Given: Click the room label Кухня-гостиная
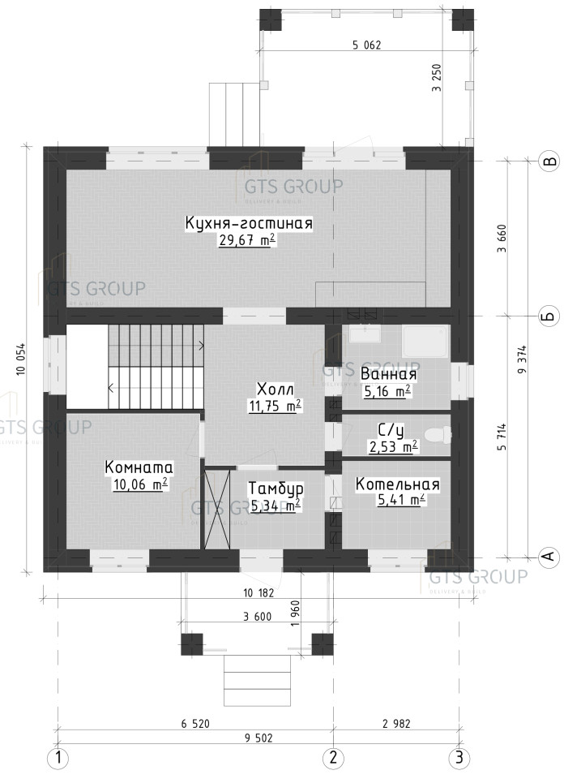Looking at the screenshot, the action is point(249,223).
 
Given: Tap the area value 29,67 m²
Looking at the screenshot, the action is point(247,240).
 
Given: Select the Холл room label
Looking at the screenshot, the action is point(276,389).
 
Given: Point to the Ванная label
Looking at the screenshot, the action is point(388,374).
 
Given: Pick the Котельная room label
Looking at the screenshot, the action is point(398,484).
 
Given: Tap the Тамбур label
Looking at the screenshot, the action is point(276,488).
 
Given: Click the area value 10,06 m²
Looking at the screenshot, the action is point(140,484).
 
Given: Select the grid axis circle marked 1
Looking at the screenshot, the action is point(58,758).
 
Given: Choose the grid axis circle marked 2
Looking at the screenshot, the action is point(333,758).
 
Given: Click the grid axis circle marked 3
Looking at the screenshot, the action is point(459,758).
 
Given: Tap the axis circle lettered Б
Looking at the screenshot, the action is point(549,316).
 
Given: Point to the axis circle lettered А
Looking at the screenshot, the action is point(549,557).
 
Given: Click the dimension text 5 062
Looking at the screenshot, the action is point(366,45).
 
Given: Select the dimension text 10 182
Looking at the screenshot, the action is point(258,592).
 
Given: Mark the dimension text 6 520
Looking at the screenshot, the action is point(195,724).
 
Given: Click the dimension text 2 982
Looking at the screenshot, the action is point(396,724).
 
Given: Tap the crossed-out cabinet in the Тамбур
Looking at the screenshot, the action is point(218,510).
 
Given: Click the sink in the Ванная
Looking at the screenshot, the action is point(365,334).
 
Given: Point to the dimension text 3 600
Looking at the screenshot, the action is point(258,617).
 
